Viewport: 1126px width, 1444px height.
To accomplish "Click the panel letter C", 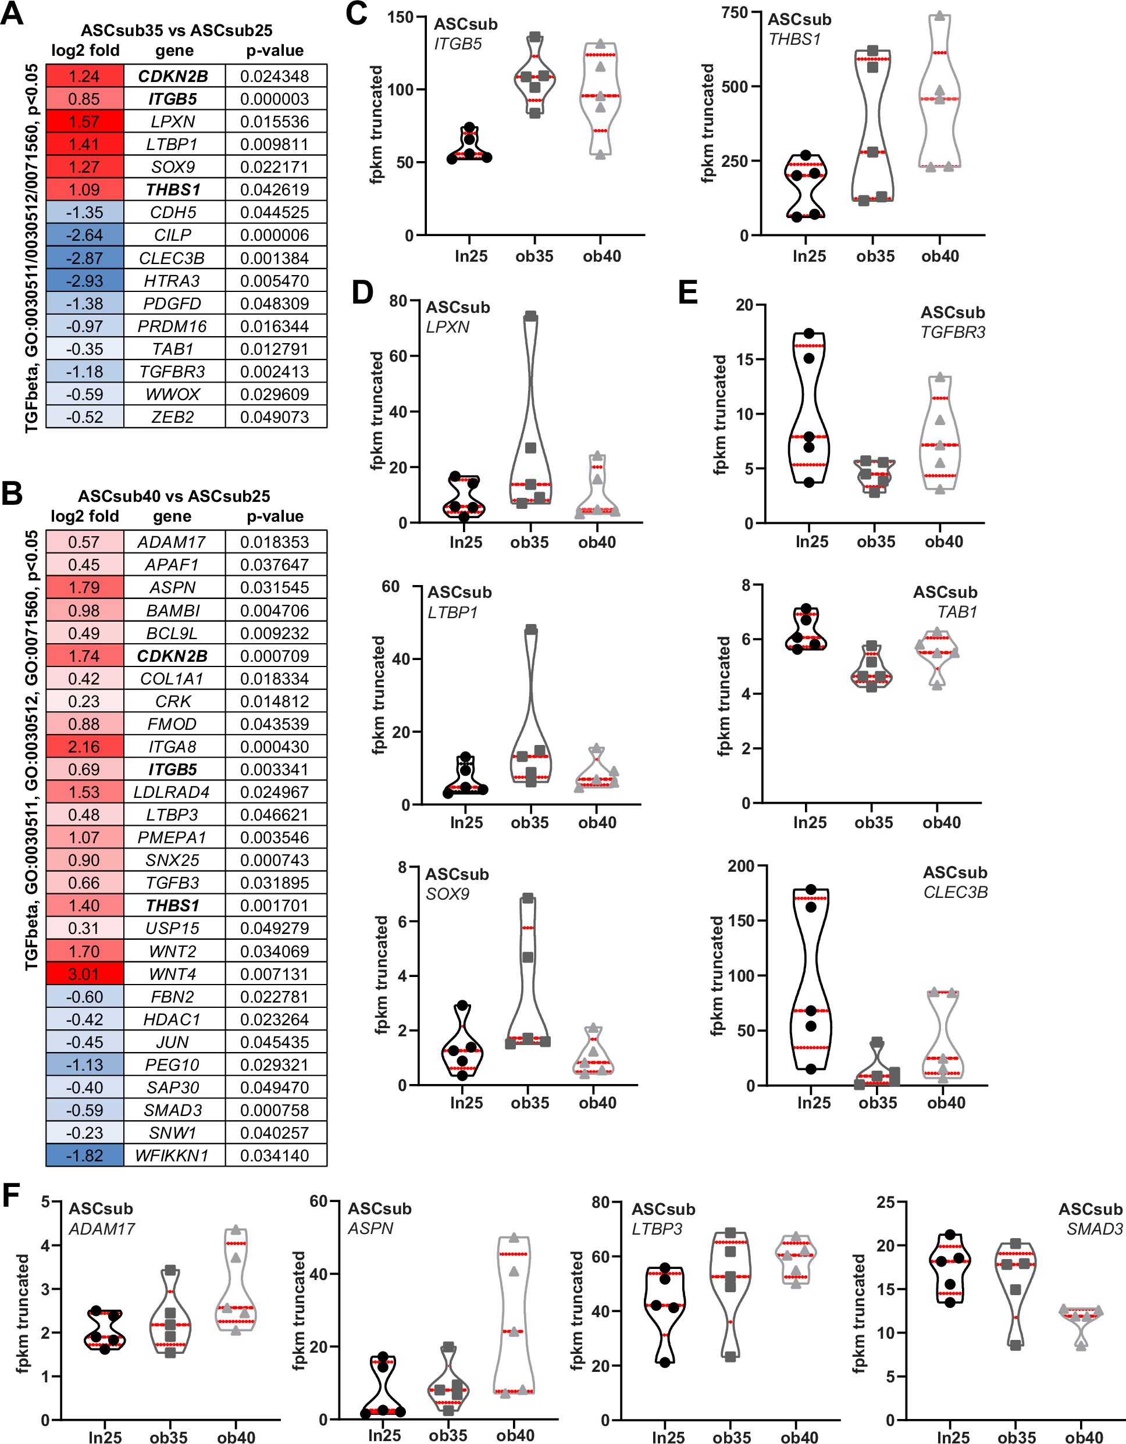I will point(357,15).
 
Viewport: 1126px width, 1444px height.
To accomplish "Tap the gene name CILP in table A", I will point(173,236).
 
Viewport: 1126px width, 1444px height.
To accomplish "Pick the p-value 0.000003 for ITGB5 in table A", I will point(275,99).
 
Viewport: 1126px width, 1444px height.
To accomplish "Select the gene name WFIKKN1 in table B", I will point(172,1156).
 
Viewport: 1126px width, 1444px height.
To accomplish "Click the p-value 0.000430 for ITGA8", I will point(275,747).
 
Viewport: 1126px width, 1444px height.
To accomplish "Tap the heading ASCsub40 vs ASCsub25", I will point(174,496).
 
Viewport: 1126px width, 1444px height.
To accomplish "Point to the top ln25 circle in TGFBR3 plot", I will point(808,333).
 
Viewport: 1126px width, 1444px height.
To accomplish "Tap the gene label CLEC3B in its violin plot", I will point(956,892).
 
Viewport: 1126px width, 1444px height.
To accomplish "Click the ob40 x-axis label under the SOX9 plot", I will point(597,1103).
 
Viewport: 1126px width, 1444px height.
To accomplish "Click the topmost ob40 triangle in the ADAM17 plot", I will point(236,1230).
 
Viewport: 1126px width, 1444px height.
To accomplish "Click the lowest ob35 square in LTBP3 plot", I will point(731,1357).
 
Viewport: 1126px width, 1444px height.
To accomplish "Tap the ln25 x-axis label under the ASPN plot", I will point(384,1435).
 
